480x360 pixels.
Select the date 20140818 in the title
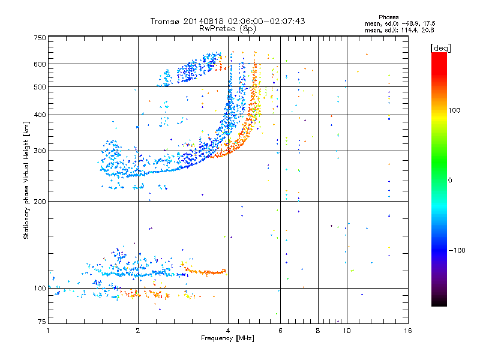coord(201,21)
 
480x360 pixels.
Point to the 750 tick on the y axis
coord(40,38)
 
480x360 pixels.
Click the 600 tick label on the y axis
coord(40,64)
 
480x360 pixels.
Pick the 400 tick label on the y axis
coord(40,115)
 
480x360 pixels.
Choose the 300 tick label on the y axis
coord(40,151)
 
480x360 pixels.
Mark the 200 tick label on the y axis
coord(40,201)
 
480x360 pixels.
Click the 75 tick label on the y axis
coord(41,323)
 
